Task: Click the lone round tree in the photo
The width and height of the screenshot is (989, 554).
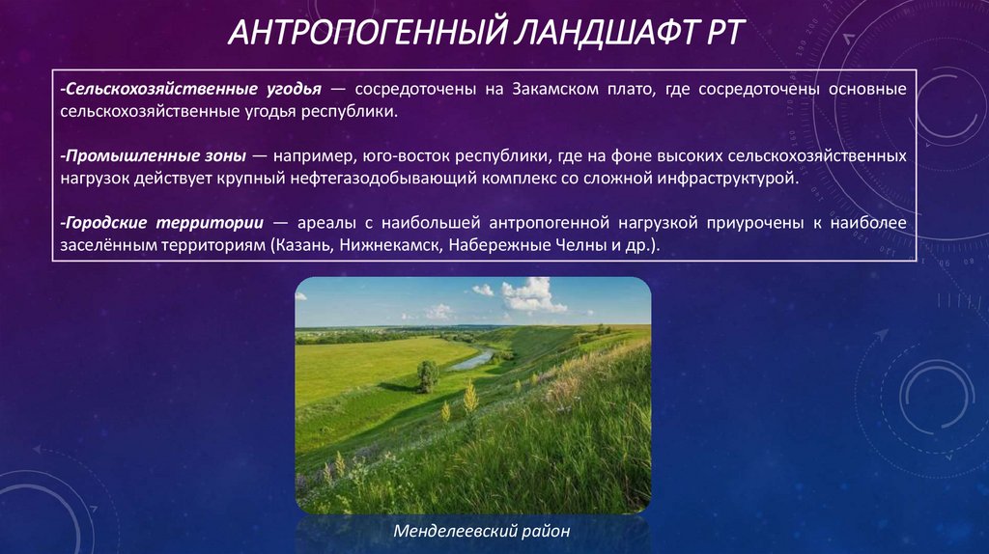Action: pyautogui.click(x=427, y=375)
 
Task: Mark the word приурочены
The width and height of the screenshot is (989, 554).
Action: pyautogui.click(x=749, y=223)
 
